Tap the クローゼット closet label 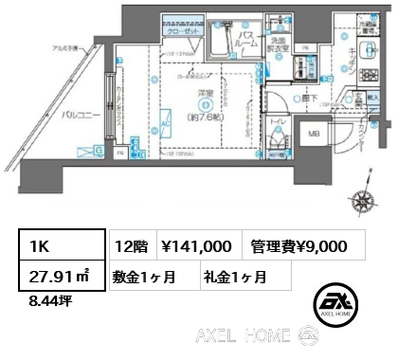point(182,29)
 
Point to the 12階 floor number point(130,245)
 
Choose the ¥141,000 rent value point(197,245)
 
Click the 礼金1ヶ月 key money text point(234,278)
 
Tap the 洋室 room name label point(204,95)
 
